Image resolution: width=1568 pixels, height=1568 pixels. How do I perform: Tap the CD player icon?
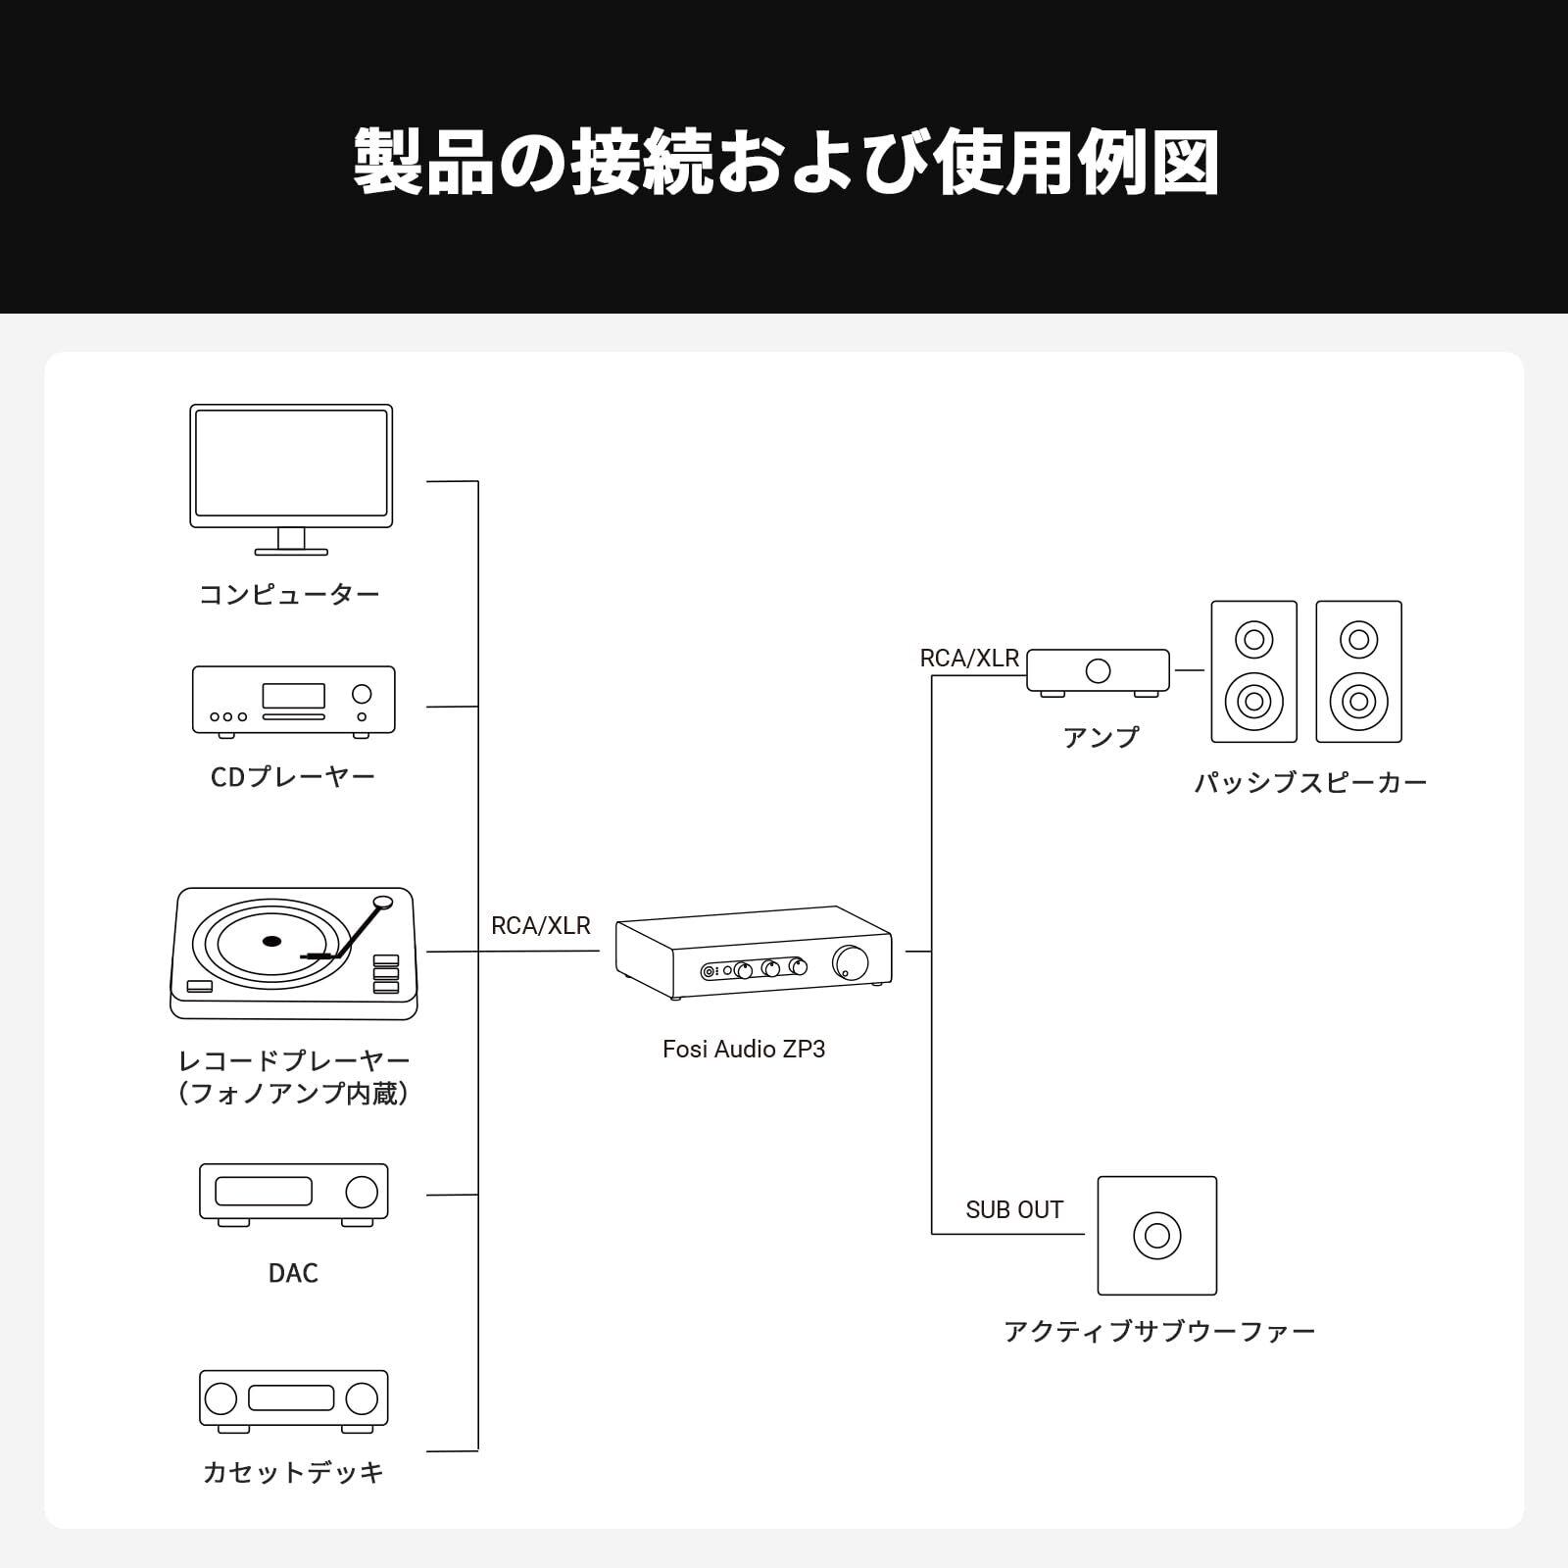tap(294, 700)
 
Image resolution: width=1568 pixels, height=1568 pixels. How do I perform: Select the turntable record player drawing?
tap(293, 954)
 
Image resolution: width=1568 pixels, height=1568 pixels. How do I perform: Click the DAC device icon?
tap(294, 1195)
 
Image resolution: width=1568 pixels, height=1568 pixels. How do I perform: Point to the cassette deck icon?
tap(294, 1398)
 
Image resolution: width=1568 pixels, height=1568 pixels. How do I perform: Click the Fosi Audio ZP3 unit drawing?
tap(754, 953)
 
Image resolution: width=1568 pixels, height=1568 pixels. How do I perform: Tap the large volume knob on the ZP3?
tap(850, 962)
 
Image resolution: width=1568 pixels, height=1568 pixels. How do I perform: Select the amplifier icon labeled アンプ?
tap(1098, 672)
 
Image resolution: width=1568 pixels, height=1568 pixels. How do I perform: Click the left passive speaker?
tap(1253, 671)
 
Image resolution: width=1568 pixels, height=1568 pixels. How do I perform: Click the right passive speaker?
tap(1358, 671)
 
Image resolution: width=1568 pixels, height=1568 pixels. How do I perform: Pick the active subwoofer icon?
tap(1157, 1235)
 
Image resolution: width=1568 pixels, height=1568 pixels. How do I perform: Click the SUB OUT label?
tap(1014, 1210)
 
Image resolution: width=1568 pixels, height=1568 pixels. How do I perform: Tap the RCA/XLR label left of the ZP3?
tap(541, 926)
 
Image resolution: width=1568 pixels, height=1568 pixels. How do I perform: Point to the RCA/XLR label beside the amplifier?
tap(969, 659)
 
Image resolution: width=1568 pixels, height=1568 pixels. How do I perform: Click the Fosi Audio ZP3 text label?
tap(744, 1050)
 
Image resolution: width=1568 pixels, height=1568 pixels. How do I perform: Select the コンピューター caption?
tap(289, 594)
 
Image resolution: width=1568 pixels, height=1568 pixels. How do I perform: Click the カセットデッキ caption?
tap(293, 1473)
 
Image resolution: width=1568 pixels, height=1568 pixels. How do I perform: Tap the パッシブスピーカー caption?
tap(1310, 783)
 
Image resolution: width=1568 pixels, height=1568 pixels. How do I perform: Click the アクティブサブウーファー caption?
tap(1159, 1332)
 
